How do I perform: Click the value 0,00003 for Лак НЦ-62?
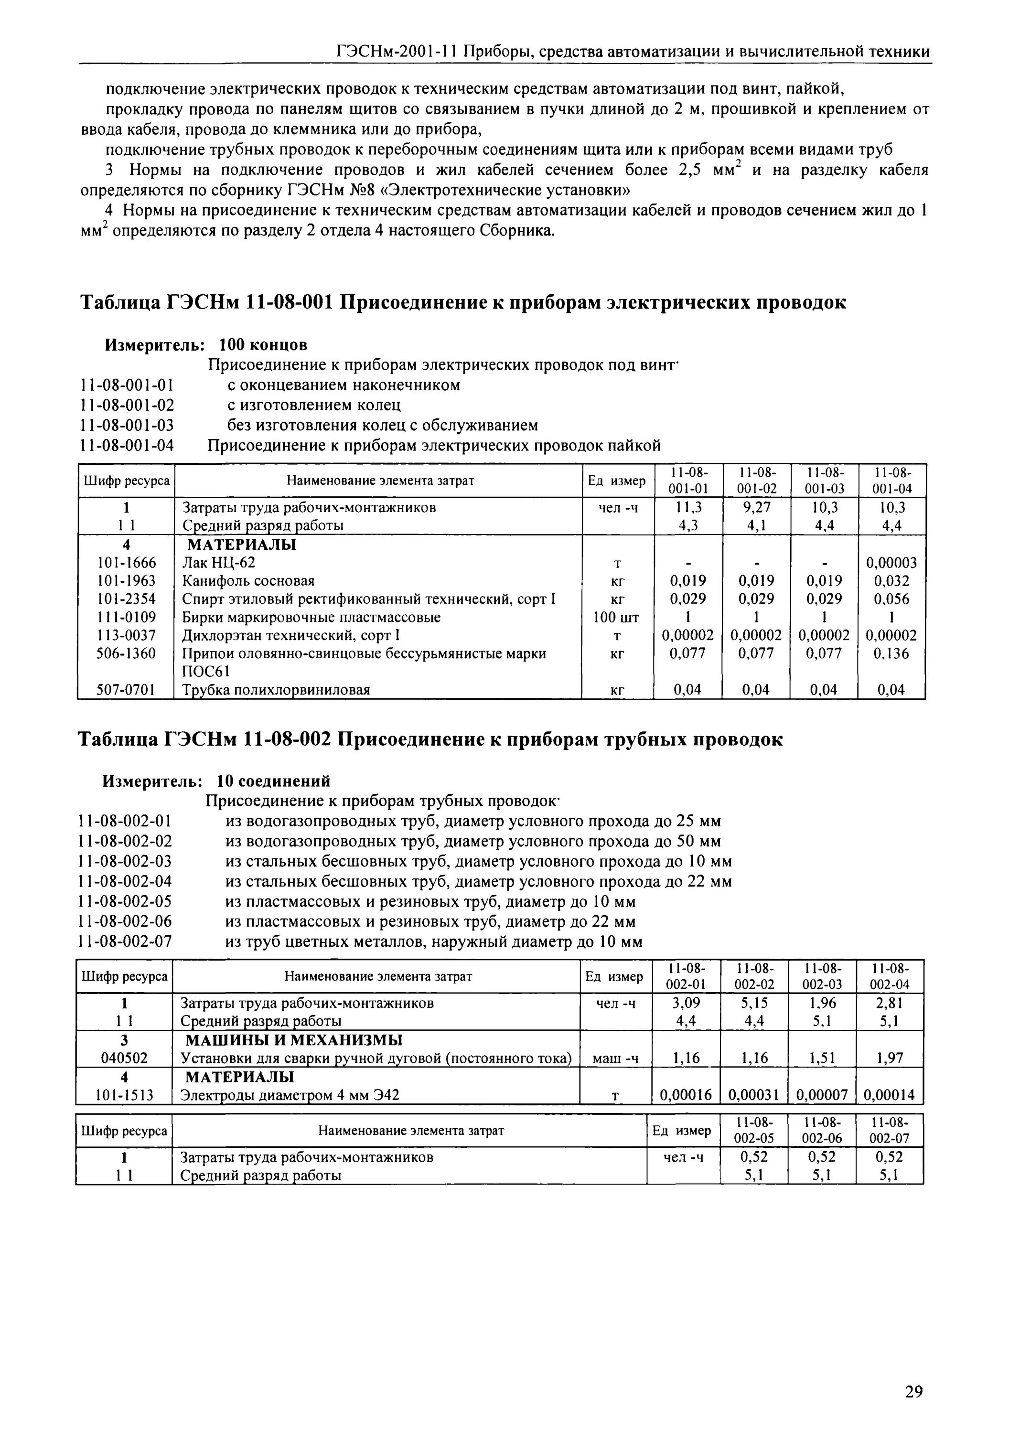click(x=891, y=563)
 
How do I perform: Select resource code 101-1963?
click(x=126, y=581)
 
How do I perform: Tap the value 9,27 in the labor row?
click(x=756, y=507)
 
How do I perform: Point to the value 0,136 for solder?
click(x=891, y=654)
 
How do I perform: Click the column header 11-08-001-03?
click(x=824, y=481)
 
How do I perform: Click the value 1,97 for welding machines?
click(x=890, y=1058)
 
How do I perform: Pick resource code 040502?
click(x=124, y=1058)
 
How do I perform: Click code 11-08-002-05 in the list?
click(x=125, y=902)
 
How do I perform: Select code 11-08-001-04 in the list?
click(x=127, y=446)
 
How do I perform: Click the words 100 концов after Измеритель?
click(x=263, y=345)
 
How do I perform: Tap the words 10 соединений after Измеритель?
click(x=273, y=781)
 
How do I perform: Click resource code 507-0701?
click(x=126, y=690)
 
